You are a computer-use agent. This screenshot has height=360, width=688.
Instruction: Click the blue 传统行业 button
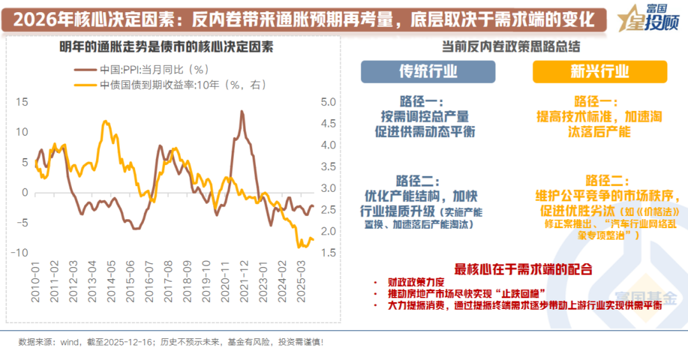click(427, 71)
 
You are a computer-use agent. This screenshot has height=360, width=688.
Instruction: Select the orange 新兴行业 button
click(599, 71)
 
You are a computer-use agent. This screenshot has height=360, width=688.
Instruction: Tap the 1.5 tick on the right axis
click(328, 253)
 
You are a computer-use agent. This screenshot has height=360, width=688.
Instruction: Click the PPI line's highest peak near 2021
click(242, 112)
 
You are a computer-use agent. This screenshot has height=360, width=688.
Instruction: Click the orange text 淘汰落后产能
click(599, 132)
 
